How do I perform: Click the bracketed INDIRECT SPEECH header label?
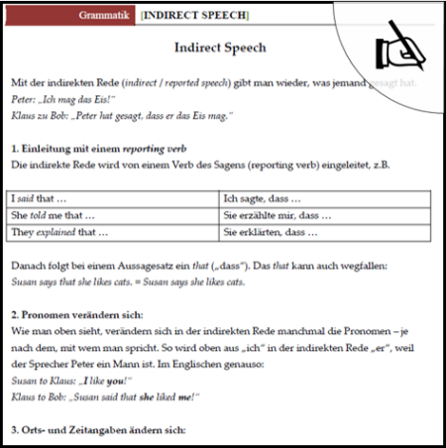click(194, 17)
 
